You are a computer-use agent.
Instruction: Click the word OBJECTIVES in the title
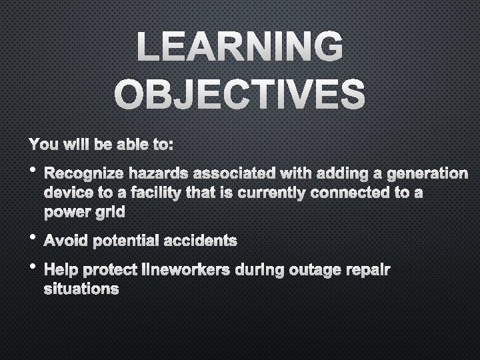pos(240,94)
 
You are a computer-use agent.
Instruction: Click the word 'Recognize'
pos(80,175)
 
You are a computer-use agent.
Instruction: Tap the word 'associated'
pos(223,175)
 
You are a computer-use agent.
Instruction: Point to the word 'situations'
pos(81,289)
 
